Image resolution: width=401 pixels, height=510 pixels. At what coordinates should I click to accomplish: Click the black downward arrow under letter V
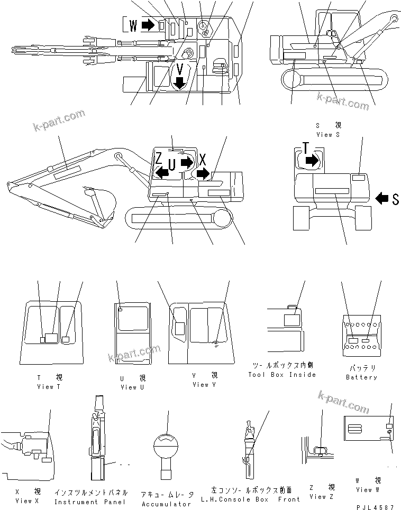(180, 82)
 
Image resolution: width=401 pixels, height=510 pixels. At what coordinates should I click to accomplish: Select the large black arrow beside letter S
(381, 198)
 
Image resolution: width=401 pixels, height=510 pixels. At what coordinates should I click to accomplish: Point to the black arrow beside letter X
(203, 173)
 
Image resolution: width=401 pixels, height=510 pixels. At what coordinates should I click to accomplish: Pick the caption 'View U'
(129, 387)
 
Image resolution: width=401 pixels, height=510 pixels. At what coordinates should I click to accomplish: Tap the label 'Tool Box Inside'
(282, 375)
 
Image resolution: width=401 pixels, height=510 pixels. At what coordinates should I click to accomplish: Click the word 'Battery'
(361, 377)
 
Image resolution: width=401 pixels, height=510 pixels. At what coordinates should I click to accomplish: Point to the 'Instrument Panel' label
(90, 502)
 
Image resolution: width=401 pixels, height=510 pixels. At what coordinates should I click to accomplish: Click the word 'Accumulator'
(166, 504)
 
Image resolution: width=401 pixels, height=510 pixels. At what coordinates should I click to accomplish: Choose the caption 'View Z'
(322, 496)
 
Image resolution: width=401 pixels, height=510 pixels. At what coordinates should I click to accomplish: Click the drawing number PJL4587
(376, 506)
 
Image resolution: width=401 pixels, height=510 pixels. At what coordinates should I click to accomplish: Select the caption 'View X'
(24, 500)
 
